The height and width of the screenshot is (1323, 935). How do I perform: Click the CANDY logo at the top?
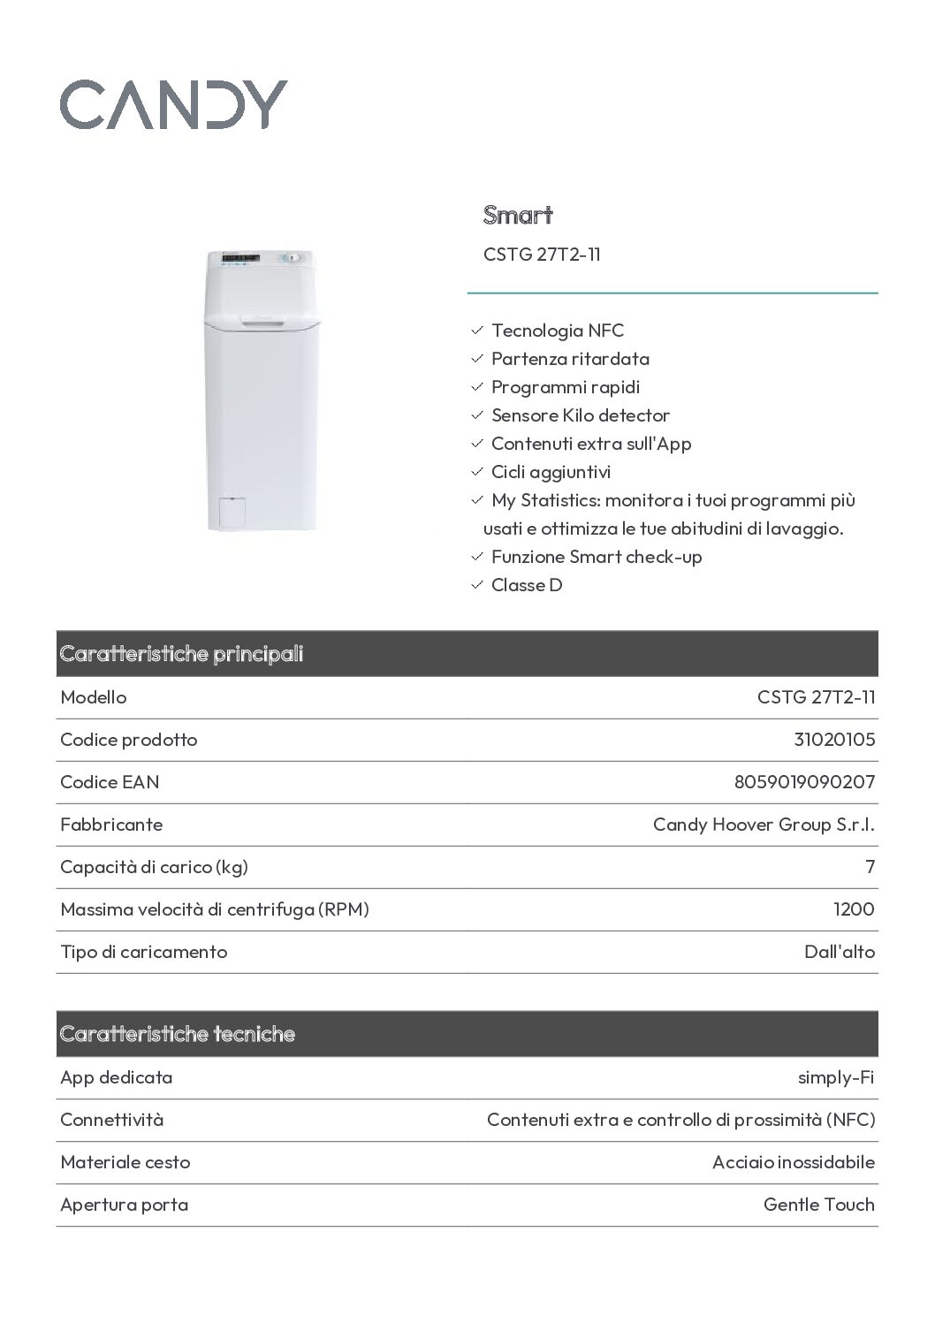click(173, 104)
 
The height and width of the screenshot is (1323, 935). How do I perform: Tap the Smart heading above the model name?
click(518, 215)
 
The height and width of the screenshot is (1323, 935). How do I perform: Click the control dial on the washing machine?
click(293, 258)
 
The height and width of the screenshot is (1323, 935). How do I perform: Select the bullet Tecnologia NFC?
click(557, 331)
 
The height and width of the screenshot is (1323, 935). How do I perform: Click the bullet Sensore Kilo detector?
click(580, 415)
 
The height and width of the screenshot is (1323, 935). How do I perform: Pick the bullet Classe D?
click(526, 585)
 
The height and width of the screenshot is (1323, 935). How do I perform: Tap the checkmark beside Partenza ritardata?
click(477, 359)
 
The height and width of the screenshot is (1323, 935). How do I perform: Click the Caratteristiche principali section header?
click(181, 654)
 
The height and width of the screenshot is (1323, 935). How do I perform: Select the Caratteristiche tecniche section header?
click(178, 1034)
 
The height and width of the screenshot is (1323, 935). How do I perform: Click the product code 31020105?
click(834, 740)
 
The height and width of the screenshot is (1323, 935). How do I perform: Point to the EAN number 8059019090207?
click(804, 782)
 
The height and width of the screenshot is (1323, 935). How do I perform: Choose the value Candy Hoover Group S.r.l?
click(764, 825)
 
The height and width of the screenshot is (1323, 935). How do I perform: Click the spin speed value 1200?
click(854, 909)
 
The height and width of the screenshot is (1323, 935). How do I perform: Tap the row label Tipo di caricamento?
click(143, 952)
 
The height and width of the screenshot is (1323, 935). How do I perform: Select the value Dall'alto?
click(840, 952)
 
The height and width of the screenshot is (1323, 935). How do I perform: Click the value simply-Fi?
click(835, 1077)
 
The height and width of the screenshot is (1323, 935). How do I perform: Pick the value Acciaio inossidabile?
click(793, 1162)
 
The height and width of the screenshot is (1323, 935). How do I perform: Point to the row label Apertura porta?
click(124, 1205)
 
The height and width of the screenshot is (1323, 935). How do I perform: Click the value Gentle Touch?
click(818, 1205)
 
